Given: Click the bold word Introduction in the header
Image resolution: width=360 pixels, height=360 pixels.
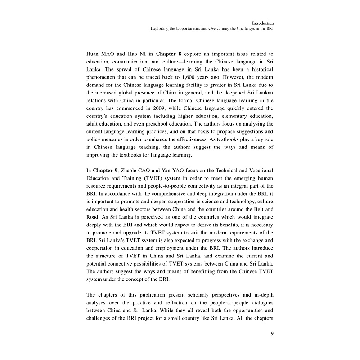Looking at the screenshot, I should tap(263, 22).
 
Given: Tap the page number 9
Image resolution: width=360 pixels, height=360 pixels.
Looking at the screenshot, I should tap(272, 333).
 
